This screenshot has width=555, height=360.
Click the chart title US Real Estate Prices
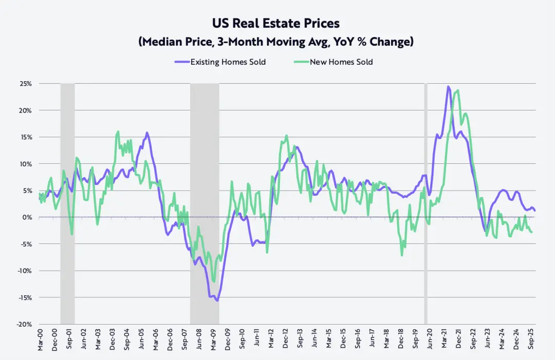pos(276,24)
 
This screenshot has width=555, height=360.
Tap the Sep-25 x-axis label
pos(532,341)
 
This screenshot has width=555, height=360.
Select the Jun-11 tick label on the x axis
pos(256,341)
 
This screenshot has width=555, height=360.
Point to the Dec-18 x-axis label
pos(401,341)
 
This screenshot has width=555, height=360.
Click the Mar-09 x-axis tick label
pos(212,341)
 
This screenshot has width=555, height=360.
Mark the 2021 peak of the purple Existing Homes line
pos(448,87)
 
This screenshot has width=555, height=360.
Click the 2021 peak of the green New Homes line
pos(457,90)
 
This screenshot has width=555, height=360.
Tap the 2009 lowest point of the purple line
pos(217,300)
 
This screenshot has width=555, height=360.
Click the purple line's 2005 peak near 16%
pos(147,132)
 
